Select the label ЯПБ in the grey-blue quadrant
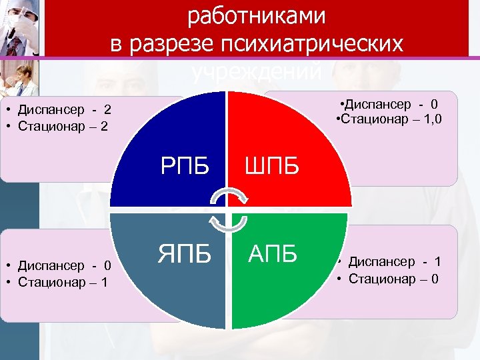(x=184, y=253)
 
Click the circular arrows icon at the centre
(x=228, y=209)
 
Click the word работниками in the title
(x=257, y=17)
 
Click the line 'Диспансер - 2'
(x=64, y=109)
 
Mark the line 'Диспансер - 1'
(x=394, y=262)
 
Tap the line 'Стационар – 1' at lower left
(x=64, y=281)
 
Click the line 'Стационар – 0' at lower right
(x=393, y=279)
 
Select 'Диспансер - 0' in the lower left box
(x=64, y=265)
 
